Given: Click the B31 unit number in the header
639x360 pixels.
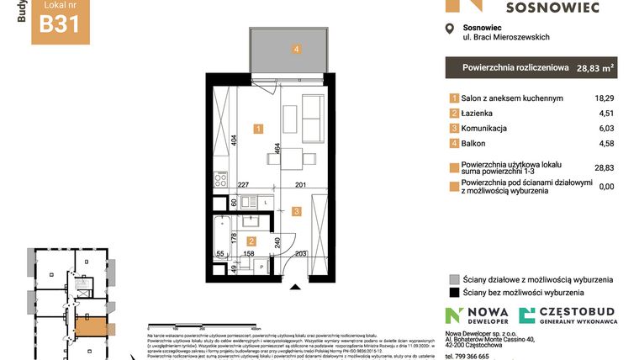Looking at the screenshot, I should tap(60, 23).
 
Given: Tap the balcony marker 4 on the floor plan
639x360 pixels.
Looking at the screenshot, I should tap(297, 49).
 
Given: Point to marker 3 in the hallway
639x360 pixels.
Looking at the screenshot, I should tap(295, 212).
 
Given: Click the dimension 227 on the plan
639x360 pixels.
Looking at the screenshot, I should tap(244, 185).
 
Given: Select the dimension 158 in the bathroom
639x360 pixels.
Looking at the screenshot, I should tap(249, 251).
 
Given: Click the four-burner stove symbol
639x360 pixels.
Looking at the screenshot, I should tap(221, 178).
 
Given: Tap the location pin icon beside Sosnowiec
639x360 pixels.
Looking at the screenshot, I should tap(449, 30).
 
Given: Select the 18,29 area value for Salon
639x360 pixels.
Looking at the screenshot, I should tap(603, 98).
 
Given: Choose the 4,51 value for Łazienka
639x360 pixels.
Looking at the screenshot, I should tap(605, 113).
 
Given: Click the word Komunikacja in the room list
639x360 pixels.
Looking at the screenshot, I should tap(485, 128).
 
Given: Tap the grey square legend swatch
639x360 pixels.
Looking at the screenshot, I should tap(454, 279).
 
